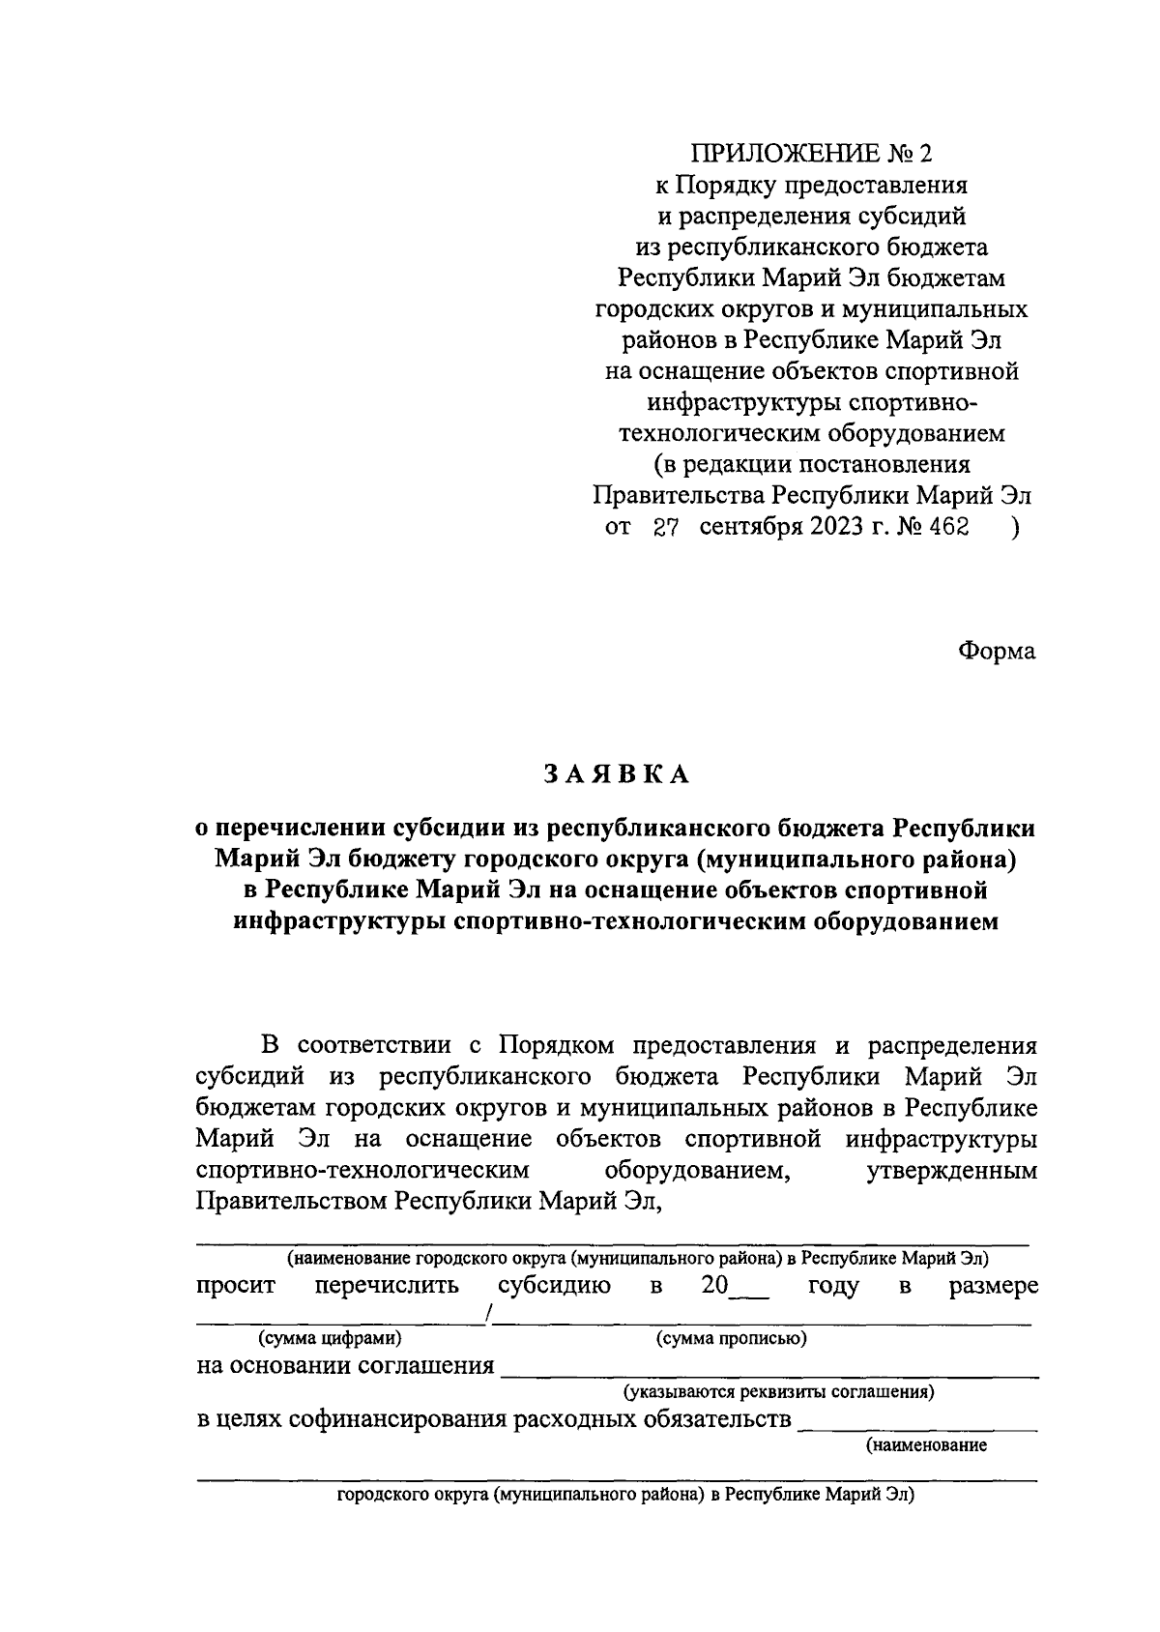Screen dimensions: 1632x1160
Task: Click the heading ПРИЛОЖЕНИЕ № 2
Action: pos(812,154)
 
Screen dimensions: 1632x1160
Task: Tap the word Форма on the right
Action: pos(996,651)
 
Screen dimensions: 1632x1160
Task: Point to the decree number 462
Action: pos(946,528)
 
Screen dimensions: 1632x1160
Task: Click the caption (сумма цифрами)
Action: pos(329,1339)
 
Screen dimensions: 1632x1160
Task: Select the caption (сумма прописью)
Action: pos(732,1339)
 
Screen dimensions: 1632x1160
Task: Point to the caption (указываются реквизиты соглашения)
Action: pos(778,1393)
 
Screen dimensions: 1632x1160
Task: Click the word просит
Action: pos(236,1286)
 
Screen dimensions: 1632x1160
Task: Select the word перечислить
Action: pos(386,1286)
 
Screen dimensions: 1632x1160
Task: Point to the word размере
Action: pos(993,1286)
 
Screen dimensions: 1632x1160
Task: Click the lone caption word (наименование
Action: pos(925,1446)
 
